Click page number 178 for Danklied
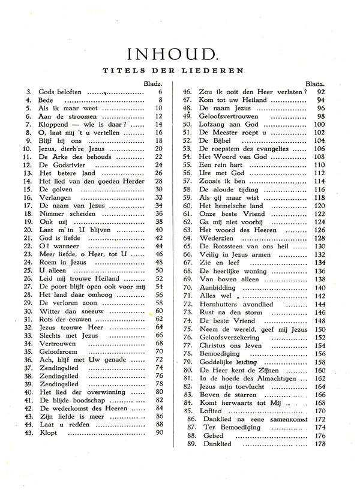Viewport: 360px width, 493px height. [335, 444]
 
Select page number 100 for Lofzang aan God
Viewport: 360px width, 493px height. [335, 124]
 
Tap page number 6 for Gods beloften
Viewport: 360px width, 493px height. [161, 92]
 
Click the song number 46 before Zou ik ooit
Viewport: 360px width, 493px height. [187, 92]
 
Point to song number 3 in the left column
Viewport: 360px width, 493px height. [29, 92]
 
